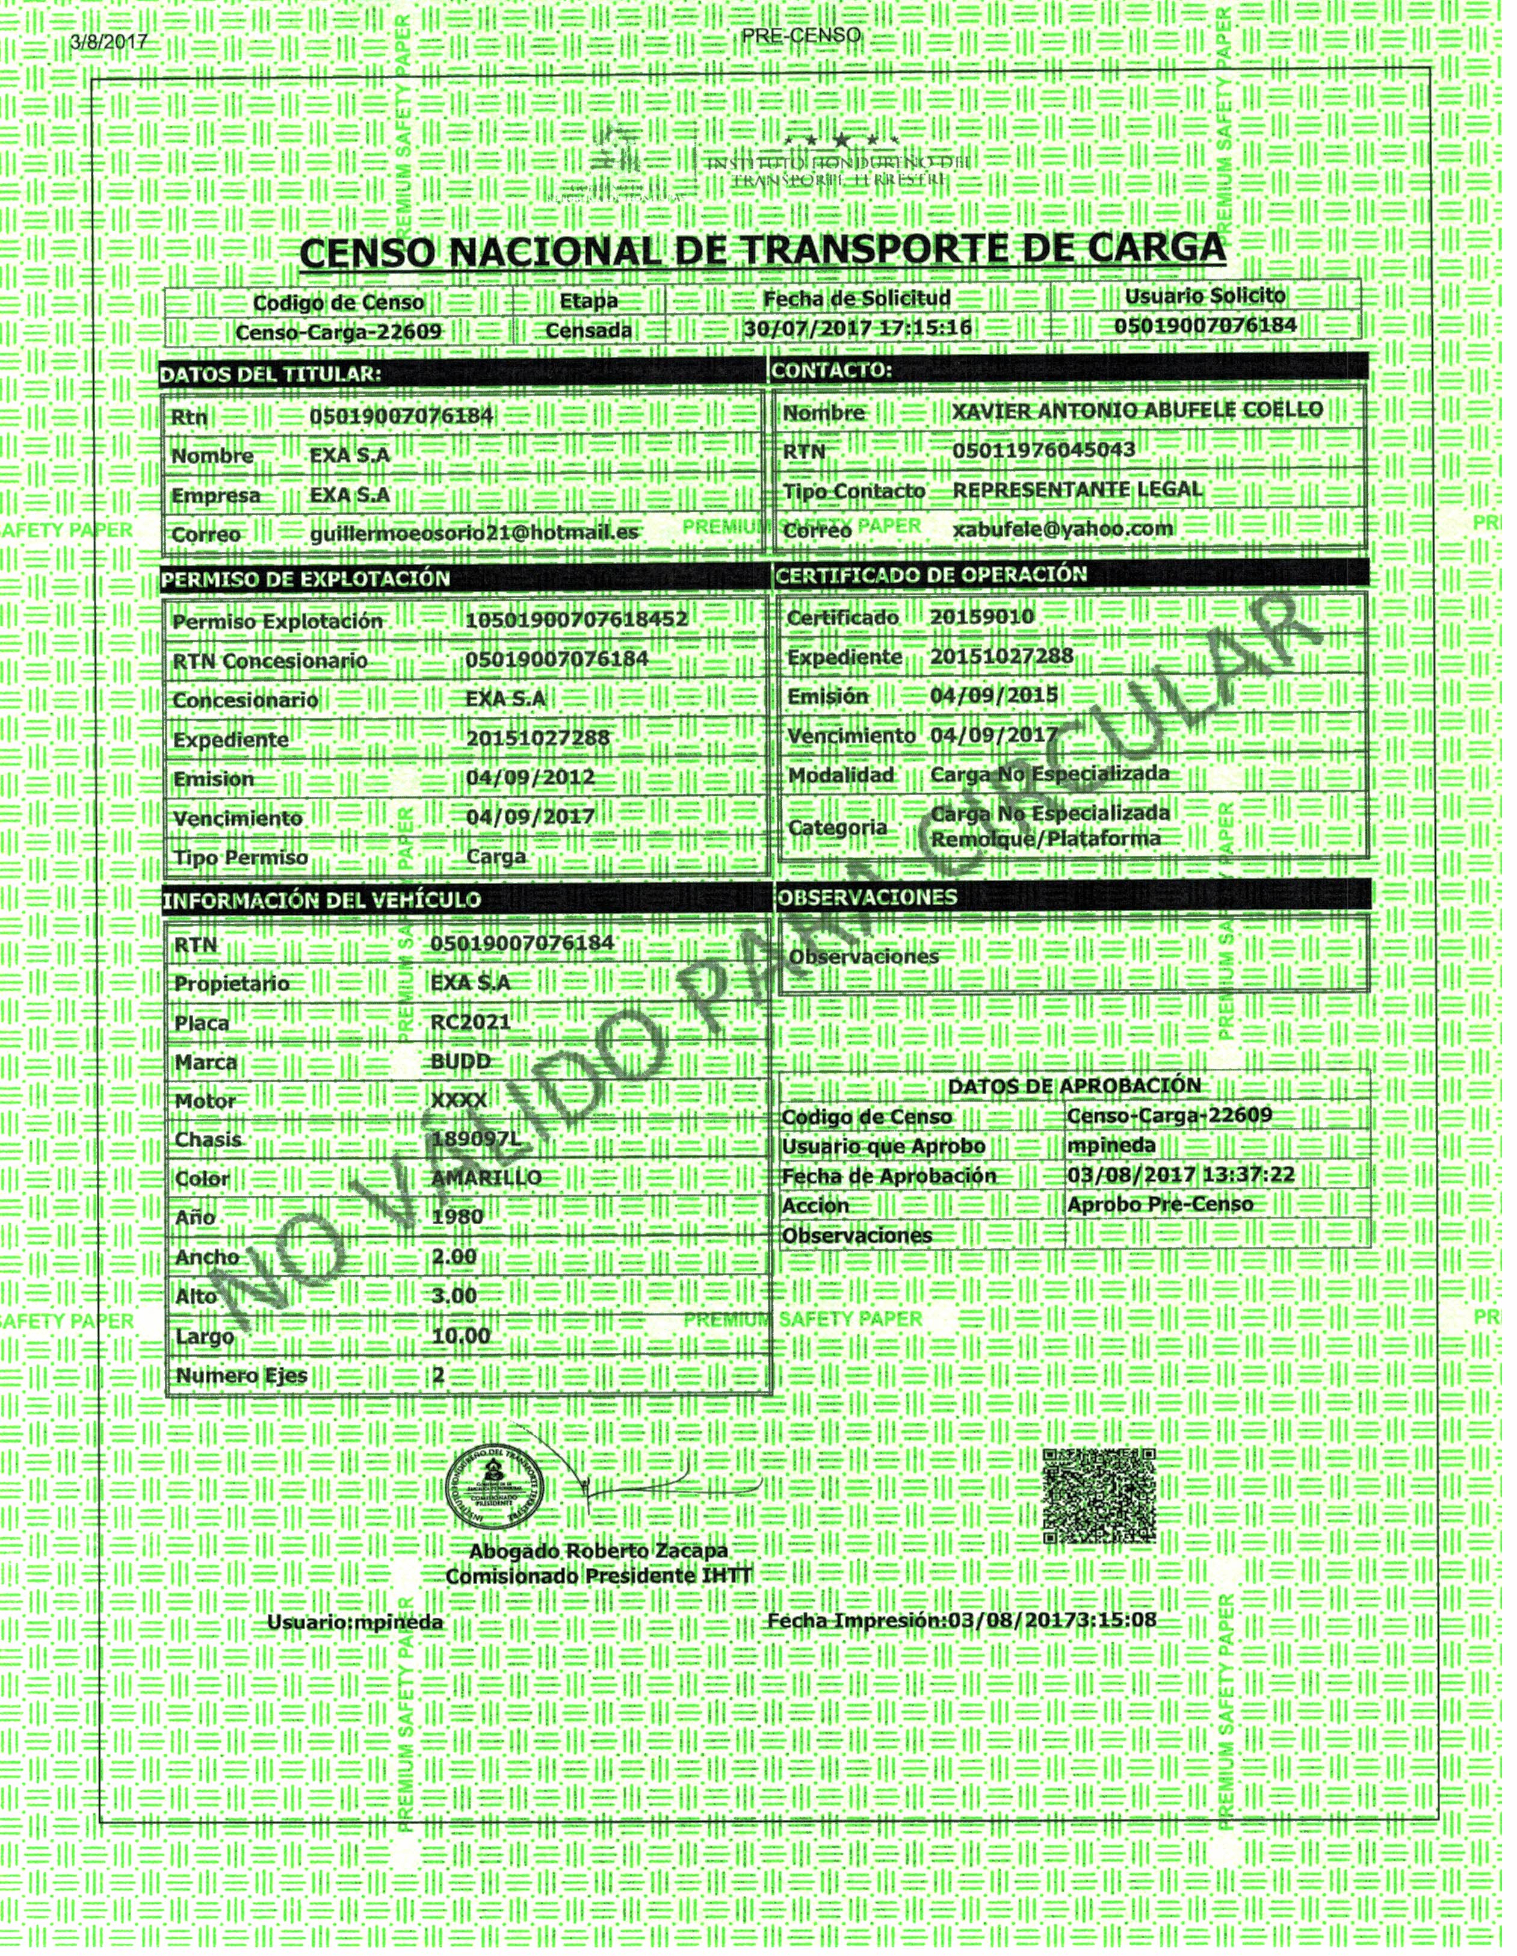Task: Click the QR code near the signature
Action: coord(1100,1496)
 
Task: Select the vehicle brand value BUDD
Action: coord(460,1061)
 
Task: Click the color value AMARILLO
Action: coord(486,1178)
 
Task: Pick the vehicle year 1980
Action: coord(457,1217)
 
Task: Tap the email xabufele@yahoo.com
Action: coord(1062,528)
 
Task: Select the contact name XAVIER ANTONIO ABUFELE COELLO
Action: coord(1137,410)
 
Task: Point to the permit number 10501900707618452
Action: coord(576,620)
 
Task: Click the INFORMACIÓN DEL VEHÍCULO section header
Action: coord(321,900)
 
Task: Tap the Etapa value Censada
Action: coord(589,330)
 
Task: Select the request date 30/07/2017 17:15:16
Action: coord(857,328)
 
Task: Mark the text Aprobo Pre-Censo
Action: coord(1159,1204)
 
